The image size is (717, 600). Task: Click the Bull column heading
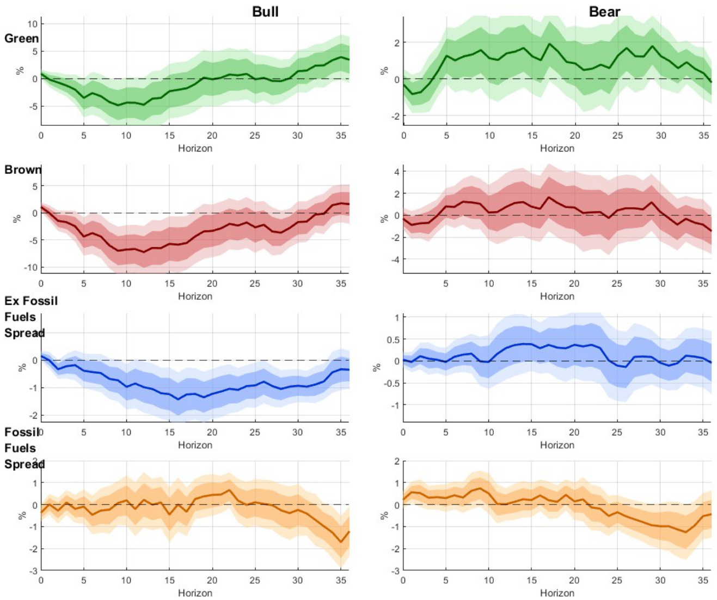[x=265, y=11]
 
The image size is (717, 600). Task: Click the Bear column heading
[x=604, y=11]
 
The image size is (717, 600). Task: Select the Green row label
[x=21, y=39]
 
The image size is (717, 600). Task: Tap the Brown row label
[x=22, y=169]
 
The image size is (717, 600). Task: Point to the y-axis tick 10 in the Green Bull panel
[x=32, y=24]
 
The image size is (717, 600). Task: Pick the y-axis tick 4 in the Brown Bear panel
[x=397, y=172]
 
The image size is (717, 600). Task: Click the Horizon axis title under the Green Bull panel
[x=195, y=148]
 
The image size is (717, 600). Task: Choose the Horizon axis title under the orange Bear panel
[x=557, y=593]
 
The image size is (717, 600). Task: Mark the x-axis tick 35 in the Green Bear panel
[x=703, y=135]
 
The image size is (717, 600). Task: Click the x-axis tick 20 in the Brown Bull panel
[x=212, y=283]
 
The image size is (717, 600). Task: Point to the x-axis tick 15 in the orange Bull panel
[x=169, y=580]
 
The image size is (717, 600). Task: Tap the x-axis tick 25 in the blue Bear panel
[x=617, y=432]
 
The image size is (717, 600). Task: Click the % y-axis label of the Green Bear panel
[x=384, y=71]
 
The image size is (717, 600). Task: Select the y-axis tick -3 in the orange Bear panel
[x=395, y=571]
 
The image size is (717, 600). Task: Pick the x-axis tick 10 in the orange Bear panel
[x=489, y=580]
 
